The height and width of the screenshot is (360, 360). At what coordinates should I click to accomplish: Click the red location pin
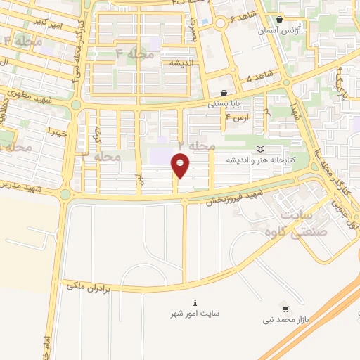181,166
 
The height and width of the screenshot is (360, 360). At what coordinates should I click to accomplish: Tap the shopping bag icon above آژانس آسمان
280,20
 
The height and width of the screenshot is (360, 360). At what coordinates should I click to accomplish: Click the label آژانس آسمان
281,32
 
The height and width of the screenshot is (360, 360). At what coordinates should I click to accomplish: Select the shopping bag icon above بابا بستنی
224,93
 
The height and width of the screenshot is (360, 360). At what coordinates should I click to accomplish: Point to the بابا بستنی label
224,104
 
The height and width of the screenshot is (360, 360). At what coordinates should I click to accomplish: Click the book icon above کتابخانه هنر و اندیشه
261,149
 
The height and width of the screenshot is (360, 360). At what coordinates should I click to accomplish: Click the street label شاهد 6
245,18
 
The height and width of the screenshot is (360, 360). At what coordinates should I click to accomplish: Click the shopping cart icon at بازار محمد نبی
285,309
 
